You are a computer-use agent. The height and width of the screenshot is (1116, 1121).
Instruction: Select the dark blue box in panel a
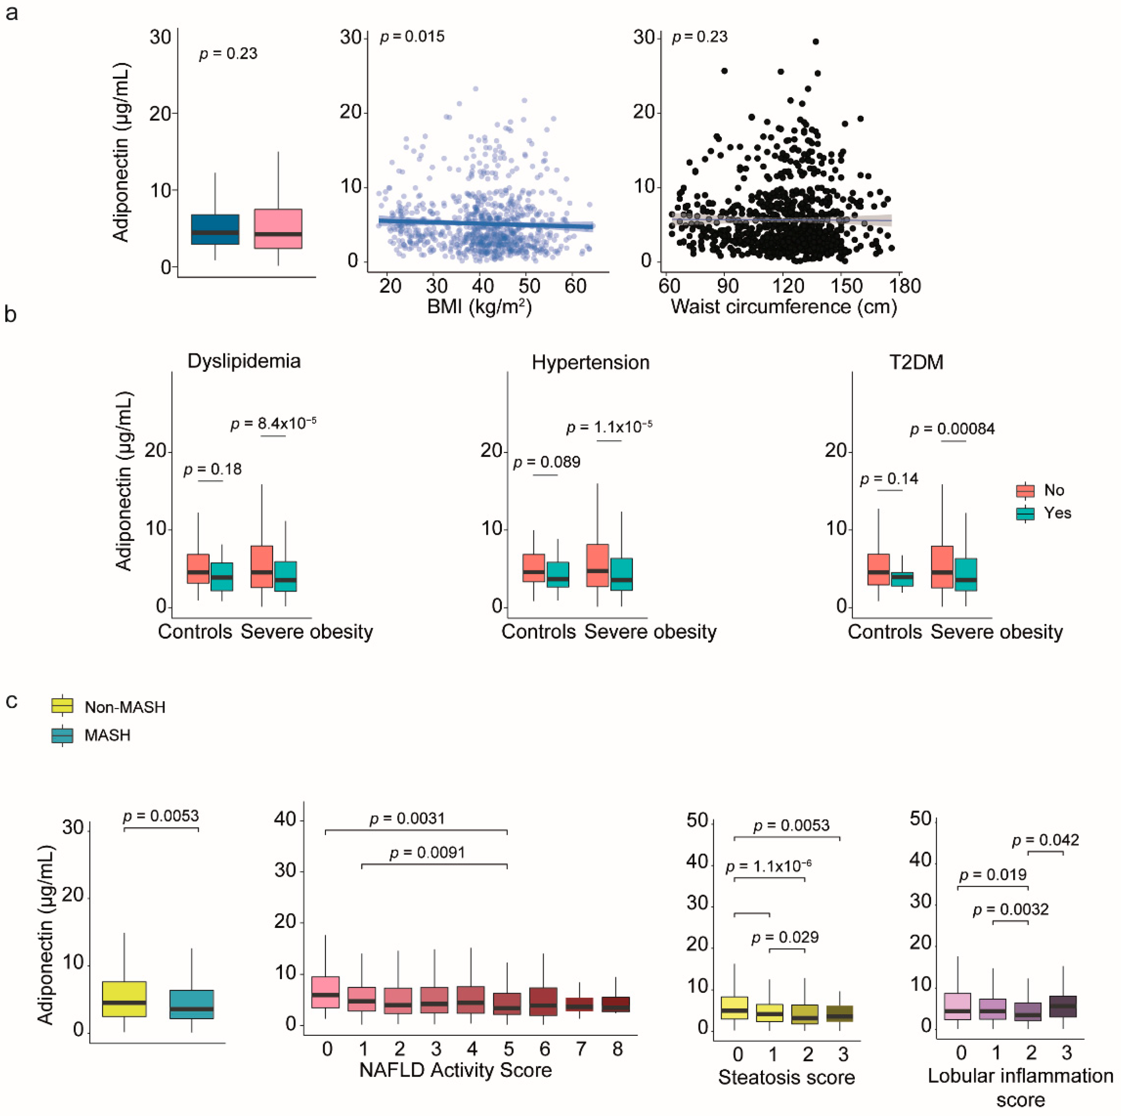[215, 229]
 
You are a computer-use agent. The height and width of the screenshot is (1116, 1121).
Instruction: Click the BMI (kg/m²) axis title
[479, 306]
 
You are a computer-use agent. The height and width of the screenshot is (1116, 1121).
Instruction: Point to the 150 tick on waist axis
[847, 286]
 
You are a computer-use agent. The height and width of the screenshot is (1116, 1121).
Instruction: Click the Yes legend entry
[1057, 513]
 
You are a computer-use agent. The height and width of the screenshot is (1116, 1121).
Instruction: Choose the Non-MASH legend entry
[124, 707]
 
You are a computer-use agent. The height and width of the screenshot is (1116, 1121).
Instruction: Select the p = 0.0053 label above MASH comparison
[161, 816]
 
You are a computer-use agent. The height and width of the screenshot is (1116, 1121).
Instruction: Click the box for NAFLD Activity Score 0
[326, 992]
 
